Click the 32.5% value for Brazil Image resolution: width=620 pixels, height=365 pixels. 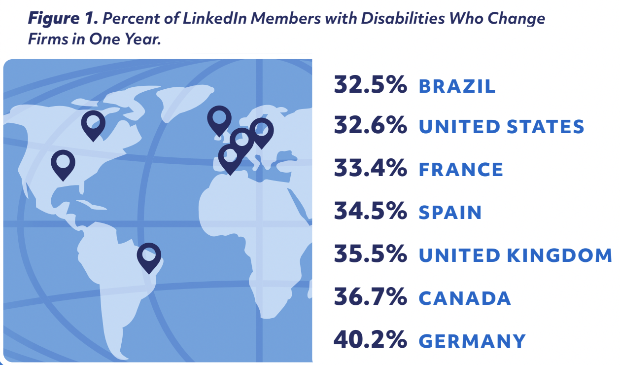click(x=370, y=85)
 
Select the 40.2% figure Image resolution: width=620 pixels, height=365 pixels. click(x=370, y=340)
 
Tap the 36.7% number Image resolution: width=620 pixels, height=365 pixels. click(x=370, y=297)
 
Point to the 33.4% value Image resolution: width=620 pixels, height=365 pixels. click(x=370, y=170)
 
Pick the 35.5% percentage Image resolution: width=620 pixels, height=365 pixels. click(x=370, y=255)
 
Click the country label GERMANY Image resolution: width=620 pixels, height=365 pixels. click(x=472, y=341)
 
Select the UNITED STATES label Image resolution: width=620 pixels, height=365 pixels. click(x=501, y=127)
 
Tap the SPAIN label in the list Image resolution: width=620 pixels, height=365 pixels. click(x=450, y=213)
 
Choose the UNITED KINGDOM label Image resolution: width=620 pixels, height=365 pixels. click(x=515, y=255)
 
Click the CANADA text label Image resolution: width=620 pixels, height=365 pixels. click(x=464, y=298)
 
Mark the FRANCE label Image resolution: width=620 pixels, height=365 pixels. click(x=461, y=170)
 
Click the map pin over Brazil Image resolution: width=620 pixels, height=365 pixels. click(x=149, y=255)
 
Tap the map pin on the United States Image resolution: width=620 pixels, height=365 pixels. click(x=63, y=162)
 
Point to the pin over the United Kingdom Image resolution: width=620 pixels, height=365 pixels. click(x=219, y=118)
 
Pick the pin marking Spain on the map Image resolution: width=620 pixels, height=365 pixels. click(x=230, y=157)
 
